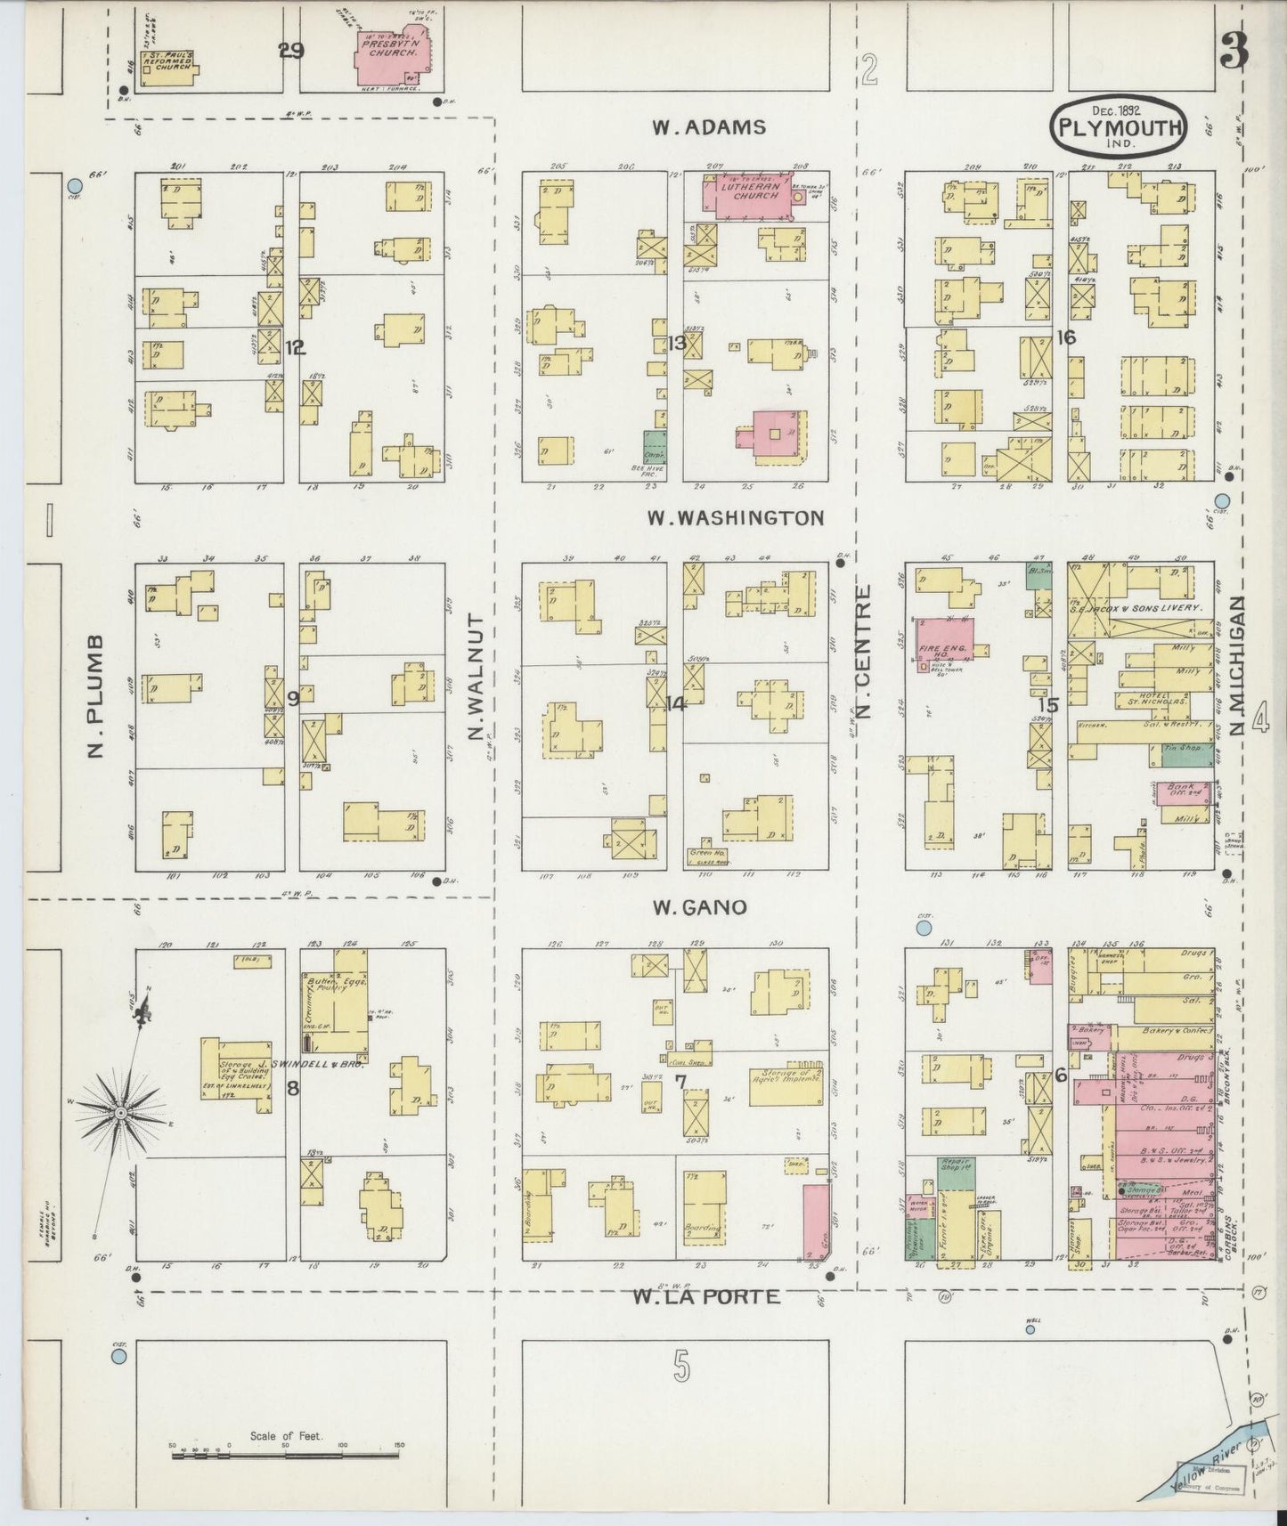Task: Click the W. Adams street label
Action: coord(708,127)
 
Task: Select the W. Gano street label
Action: coord(698,908)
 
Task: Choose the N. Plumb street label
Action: coord(97,697)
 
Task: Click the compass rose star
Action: coord(121,1113)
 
